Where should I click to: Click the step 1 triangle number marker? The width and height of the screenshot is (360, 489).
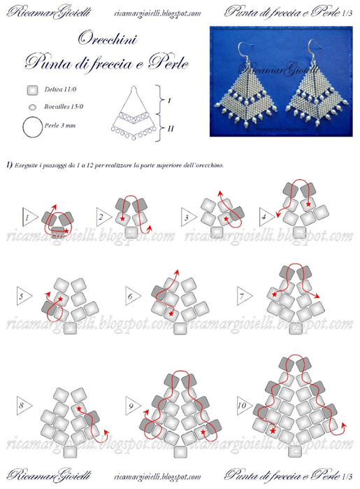click(28, 218)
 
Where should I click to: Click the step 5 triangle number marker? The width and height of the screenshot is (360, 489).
click(22, 297)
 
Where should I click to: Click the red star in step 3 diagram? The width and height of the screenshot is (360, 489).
click(226, 219)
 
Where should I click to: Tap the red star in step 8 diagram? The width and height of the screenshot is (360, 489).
click(78, 408)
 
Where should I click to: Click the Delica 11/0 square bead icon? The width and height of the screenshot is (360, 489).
click(31, 90)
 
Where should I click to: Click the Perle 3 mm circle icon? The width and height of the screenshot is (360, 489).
click(32, 127)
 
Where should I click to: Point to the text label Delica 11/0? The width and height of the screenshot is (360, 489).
click(60, 91)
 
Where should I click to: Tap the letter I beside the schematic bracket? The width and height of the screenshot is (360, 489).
click(171, 101)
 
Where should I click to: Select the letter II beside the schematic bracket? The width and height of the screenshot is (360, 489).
click(171, 127)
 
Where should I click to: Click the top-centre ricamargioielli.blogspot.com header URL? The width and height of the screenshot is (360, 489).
click(157, 12)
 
